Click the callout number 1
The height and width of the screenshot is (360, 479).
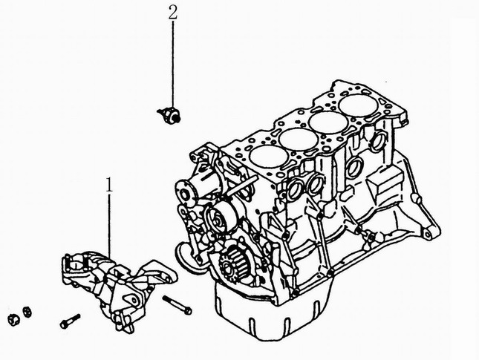(x=109, y=185)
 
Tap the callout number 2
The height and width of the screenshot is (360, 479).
(x=173, y=12)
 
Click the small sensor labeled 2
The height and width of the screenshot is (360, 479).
(x=169, y=114)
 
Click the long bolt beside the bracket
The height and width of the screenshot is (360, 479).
(x=177, y=304)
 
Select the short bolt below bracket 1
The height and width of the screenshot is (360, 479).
(x=70, y=321)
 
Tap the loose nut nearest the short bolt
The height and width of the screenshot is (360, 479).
(x=27, y=312)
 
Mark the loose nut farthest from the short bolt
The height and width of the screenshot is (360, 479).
(x=13, y=319)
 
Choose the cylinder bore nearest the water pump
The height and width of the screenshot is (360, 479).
(x=269, y=157)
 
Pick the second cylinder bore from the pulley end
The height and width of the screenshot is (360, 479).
(x=299, y=140)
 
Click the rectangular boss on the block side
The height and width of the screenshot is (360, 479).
(x=385, y=185)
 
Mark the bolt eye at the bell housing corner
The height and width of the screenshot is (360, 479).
(x=427, y=235)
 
